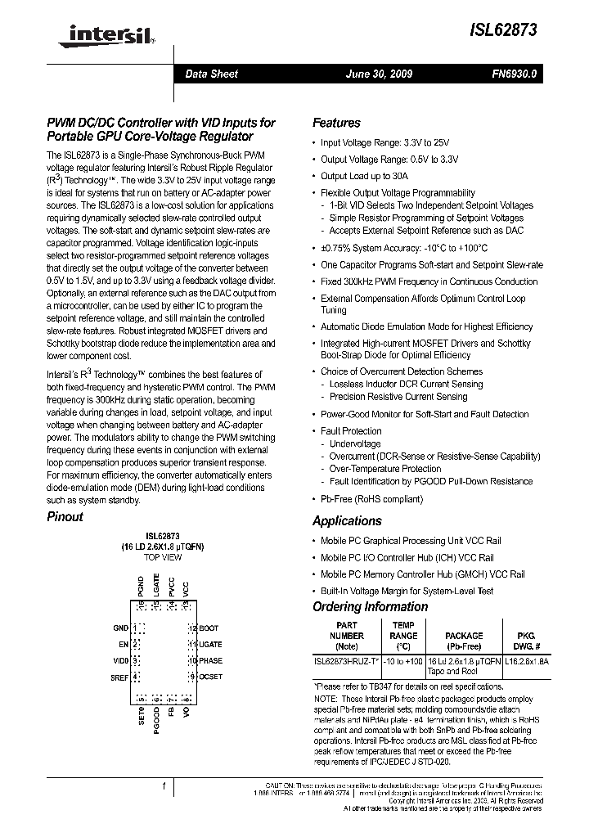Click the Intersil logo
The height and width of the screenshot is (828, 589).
click(x=99, y=34)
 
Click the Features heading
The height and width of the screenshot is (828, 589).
click(x=336, y=123)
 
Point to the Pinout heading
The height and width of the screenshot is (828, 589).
click(x=65, y=516)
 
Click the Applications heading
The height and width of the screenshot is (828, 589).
click(x=347, y=521)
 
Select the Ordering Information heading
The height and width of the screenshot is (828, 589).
click(x=370, y=606)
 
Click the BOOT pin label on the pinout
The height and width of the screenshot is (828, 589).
click(x=209, y=628)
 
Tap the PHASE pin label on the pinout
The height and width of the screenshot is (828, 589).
click(x=210, y=660)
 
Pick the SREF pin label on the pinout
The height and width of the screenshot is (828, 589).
click(x=119, y=677)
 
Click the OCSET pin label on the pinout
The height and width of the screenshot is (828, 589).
click(x=211, y=677)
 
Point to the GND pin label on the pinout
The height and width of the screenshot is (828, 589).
click(x=121, y=628)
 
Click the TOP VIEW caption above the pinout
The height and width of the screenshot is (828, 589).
click(x=163, y=557)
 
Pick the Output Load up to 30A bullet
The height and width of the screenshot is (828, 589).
click(x=364, y=176)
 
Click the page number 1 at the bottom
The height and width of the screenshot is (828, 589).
click(x=164, y=787)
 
